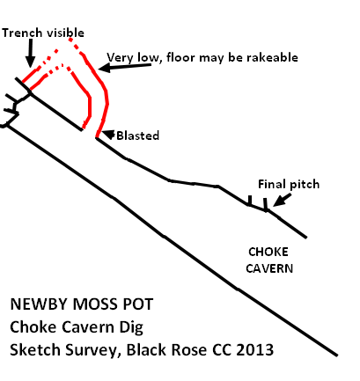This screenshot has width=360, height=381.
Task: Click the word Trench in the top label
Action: point(22,33)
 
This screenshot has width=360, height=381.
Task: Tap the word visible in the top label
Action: point(65,33)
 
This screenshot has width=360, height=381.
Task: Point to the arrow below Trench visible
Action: point(30,54)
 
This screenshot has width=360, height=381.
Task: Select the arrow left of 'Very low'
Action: point(125,67)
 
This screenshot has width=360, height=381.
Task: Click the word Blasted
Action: point(138,136)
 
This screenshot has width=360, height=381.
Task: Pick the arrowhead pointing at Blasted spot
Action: point(108,135)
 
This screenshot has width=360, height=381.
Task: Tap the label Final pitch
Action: point(289,184)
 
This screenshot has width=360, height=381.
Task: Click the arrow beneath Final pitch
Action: point(282,200)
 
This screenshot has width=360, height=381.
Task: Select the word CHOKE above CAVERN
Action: point(268,252)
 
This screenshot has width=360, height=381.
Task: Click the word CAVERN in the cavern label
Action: point(269,268)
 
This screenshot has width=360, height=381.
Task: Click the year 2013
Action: point(254,349)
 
